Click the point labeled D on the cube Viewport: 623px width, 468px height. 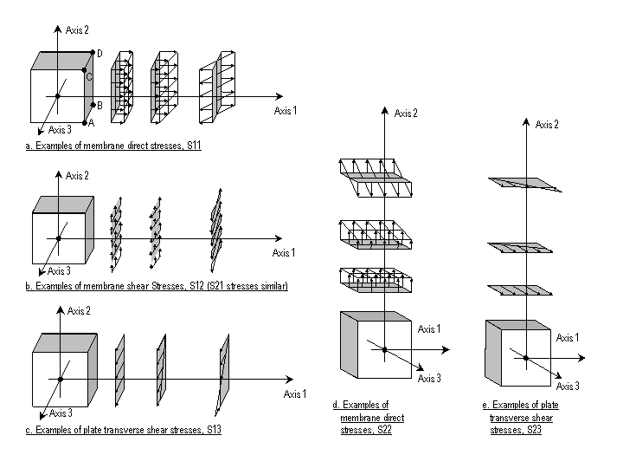[93, 52]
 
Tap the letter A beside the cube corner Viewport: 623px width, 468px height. [92, 123]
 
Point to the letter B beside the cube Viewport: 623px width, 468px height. [100, 106]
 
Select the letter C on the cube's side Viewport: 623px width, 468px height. [89, 77]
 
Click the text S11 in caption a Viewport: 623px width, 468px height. [194, 146]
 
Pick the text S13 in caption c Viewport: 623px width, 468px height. [214, 430]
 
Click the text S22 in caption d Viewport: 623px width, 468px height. [384, 430]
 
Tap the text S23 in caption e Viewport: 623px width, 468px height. [534, 430]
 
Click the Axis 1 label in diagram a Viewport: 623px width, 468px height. [286, 111]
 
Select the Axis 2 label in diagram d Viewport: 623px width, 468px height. [406, 114]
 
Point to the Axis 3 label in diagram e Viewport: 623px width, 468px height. [568, 386]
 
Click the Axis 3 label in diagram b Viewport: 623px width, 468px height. [59, 271]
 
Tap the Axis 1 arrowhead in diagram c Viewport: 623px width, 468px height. [290, 380]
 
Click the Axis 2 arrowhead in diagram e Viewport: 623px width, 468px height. [526, 121]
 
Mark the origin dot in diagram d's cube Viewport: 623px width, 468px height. [384, 350]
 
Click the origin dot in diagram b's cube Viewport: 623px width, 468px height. [59, 238]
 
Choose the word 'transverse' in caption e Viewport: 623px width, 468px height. [521, 418]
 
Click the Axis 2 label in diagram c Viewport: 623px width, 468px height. [79, 311]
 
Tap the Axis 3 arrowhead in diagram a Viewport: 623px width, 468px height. [41, 131]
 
